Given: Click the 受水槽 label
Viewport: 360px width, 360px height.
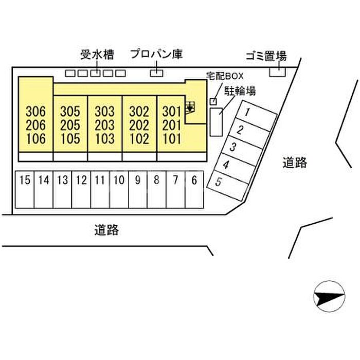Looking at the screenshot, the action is tap(97, 54).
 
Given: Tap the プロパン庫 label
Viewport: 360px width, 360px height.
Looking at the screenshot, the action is tap(156, 54).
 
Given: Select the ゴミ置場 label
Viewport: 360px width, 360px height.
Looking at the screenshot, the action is tap(266, 57).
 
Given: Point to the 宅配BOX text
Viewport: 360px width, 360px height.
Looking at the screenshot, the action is tap(224, 76).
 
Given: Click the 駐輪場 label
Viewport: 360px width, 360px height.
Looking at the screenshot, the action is tap(240, 91).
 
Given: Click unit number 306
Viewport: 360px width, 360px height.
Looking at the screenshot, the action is tap(35, 111).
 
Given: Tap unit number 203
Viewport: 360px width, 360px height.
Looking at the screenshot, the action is tap(104, 125).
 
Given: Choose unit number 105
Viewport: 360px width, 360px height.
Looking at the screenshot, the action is tap(70, 139).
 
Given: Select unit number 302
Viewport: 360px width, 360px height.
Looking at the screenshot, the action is tap(139, 111).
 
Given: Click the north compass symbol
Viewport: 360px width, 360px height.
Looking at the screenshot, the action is tap(328, 297).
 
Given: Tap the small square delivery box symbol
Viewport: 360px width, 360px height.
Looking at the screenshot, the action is tap(213, 101).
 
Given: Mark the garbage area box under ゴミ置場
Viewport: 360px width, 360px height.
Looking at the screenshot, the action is tap(278, 71).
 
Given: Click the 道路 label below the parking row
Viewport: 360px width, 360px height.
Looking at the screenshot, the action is tap(106, 230).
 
